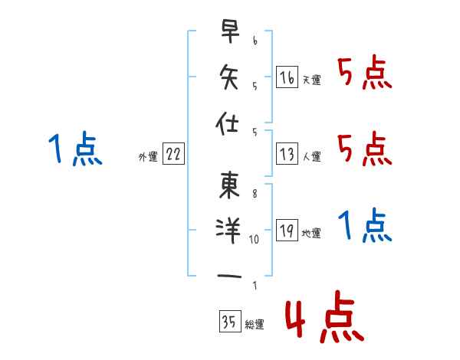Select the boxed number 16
pos(287,77)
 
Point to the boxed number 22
pos(172,155)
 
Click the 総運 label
pos(254,325)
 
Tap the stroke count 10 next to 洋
pos(255,239)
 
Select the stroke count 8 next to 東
pos(254,194)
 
